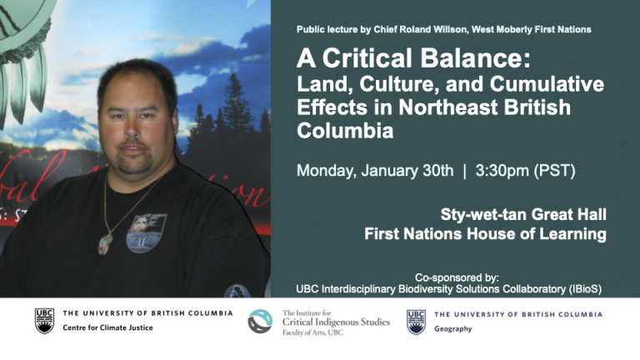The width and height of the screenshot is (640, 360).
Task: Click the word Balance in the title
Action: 476,58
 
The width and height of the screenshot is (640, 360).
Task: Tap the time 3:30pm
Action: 502,171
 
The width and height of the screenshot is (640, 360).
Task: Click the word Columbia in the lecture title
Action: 345,131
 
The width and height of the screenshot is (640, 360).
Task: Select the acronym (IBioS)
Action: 583,289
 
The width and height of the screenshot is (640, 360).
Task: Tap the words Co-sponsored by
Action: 457,277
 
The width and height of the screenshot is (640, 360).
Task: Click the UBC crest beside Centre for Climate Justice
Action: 44,321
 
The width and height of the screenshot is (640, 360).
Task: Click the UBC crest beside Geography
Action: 416,322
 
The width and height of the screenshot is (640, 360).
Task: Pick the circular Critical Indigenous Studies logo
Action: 260,321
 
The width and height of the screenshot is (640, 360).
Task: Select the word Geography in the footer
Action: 453,329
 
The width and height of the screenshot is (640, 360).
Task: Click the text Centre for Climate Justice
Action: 107,327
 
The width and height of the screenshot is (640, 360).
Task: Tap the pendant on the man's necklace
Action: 105,243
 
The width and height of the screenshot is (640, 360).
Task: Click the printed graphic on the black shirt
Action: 147,233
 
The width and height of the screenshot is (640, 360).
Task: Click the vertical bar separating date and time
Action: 464,171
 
